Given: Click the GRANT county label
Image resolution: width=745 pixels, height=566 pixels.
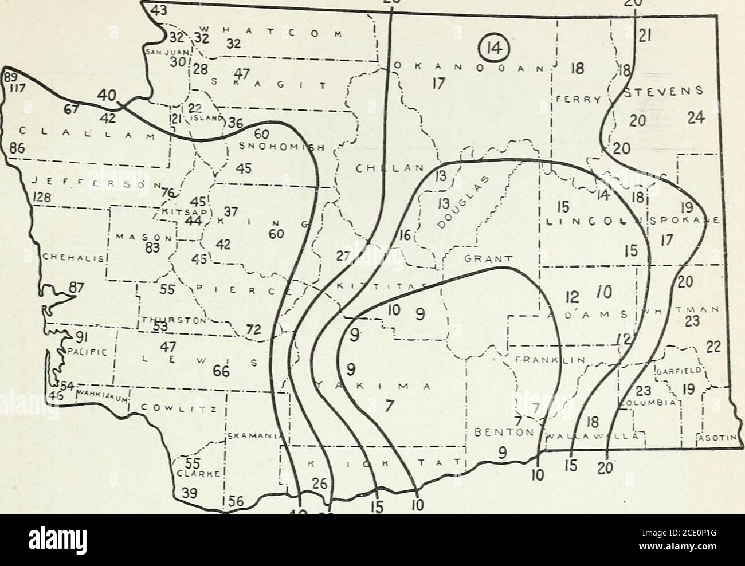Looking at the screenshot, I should pos(482,258).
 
